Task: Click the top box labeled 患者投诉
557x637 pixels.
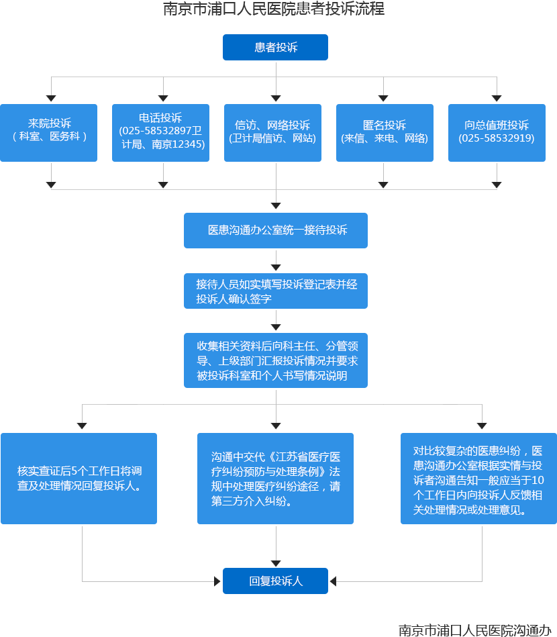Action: (x=276, y=48)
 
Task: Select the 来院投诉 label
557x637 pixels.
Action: (x=50, y=123)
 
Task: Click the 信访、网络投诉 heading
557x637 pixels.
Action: (x=272, y=125)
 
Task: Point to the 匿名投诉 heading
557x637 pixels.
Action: (x=385, y=125)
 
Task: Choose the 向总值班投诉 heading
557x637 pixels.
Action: (x=497, y=125)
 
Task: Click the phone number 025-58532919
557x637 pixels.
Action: (x=497, y=138)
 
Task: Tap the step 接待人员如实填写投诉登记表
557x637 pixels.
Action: (x=276, y=285)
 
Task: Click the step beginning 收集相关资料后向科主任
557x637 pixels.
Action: (x=276, y=361)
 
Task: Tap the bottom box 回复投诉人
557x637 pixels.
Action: (x=276, y=581)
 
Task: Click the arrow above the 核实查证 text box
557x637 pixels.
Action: (x=83, y=423)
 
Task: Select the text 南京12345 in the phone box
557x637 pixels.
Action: (x=178, y=144)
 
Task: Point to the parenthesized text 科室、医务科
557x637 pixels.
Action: (x=50, y=136)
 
